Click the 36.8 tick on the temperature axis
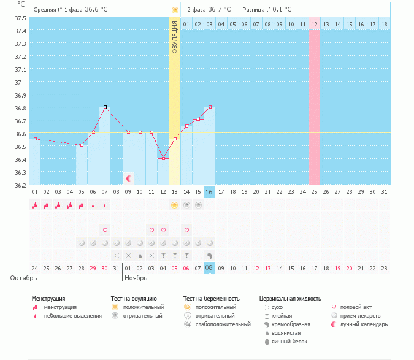pyautogui.click(x=20, y=108)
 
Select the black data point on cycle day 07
pyautogui.click(x=105, y=107)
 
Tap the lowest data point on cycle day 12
pyautogui.click(x=163, y=158)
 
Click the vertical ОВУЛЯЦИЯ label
pyautogui.click(x=175, y=37)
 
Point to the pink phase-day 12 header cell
pyautogui.click(x=315, y=24)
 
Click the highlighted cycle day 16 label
pyautogui.click(x=209, y=192)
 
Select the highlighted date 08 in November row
pyautogui.click(x=209, y=267)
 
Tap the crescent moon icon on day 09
pyautogui.click(x=129, y=178)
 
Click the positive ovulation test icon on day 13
pyautogui.click(x=174, y=205)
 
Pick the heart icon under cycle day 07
pyautogui.click(x=105, y=230)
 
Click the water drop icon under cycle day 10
pyautogui.click(x=140, y=256)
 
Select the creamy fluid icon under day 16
pyautogui.click(x=209, y=256)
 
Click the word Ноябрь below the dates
pyautogui.click(x=136, y=278)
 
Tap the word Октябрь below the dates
pyautogui.click(x=23, y=278)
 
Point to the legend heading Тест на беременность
pyautogui.click(x=212, y=299)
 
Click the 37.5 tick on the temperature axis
pyautogui.click(x=20, y=18)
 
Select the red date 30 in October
pyautogui.click(x=104, y=269)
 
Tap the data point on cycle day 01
pyautogui.click(x=35, y=139)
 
